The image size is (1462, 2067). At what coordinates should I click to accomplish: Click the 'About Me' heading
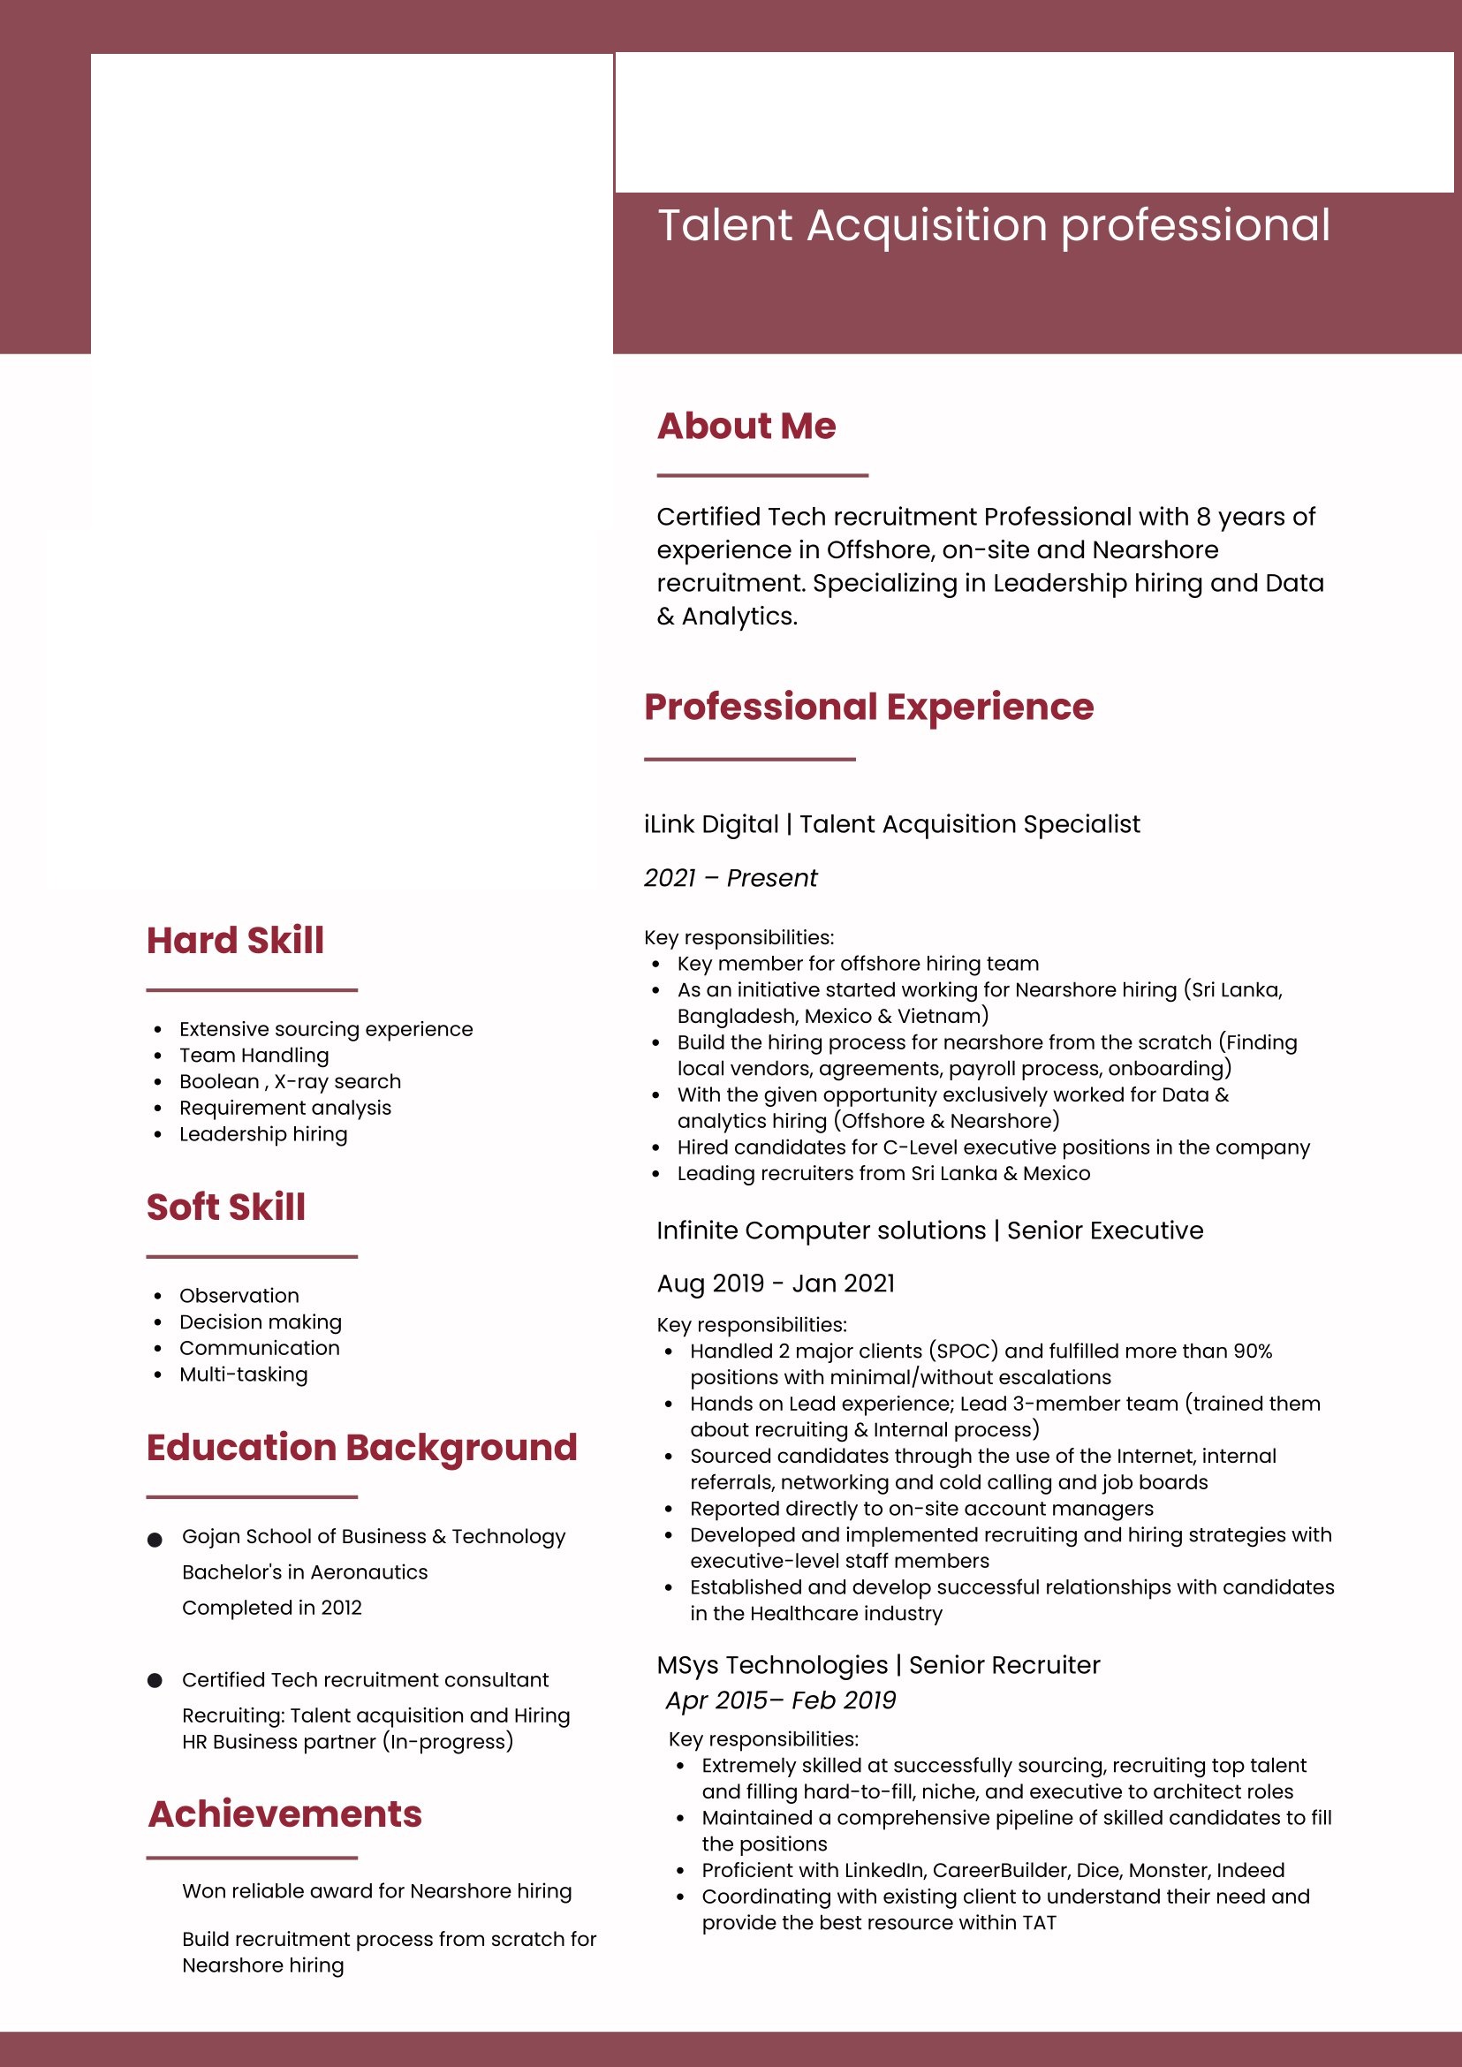746,426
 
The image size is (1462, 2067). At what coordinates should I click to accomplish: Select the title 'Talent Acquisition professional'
994,225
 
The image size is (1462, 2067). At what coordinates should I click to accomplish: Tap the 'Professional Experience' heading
868,707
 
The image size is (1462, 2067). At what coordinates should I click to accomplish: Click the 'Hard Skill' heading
235,940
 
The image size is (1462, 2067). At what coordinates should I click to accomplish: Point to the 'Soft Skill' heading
226,1207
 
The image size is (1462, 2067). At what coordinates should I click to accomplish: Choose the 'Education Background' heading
362,1447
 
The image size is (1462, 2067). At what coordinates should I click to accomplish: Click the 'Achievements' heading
285,1813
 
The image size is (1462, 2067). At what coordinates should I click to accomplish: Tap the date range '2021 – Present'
730,878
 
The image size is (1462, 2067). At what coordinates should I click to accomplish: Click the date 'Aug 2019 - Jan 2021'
776,1283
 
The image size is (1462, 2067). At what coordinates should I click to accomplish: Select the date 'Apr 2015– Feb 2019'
781,1700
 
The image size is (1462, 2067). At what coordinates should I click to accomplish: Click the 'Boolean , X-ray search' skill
290,1081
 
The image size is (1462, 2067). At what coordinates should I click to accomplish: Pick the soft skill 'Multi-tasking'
243,1374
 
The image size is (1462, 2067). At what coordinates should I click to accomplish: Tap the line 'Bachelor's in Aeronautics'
304,1571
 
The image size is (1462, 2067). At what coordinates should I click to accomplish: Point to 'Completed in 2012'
272,1607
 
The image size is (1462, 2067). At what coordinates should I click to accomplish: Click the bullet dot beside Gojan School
155,1540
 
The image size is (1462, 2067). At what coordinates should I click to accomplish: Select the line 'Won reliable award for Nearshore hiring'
376,1890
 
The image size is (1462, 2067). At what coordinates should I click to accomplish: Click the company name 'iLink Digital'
711,824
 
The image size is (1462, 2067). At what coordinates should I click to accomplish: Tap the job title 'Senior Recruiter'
1004,1664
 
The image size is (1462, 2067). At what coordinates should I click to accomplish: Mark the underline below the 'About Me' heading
761,474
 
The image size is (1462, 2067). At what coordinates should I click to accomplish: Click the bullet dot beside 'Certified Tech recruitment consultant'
155,1680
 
